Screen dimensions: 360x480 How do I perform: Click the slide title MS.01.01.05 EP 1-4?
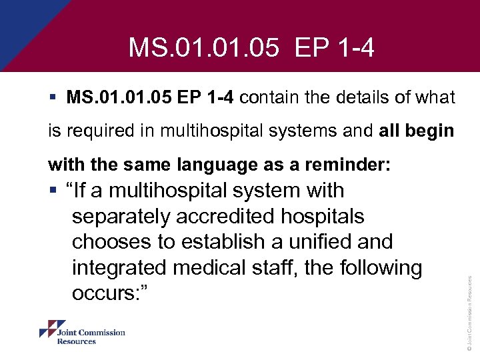point(252,47)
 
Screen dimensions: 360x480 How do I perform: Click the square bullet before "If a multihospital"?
point(52,191)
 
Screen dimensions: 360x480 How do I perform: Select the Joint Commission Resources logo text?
point(91,337)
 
